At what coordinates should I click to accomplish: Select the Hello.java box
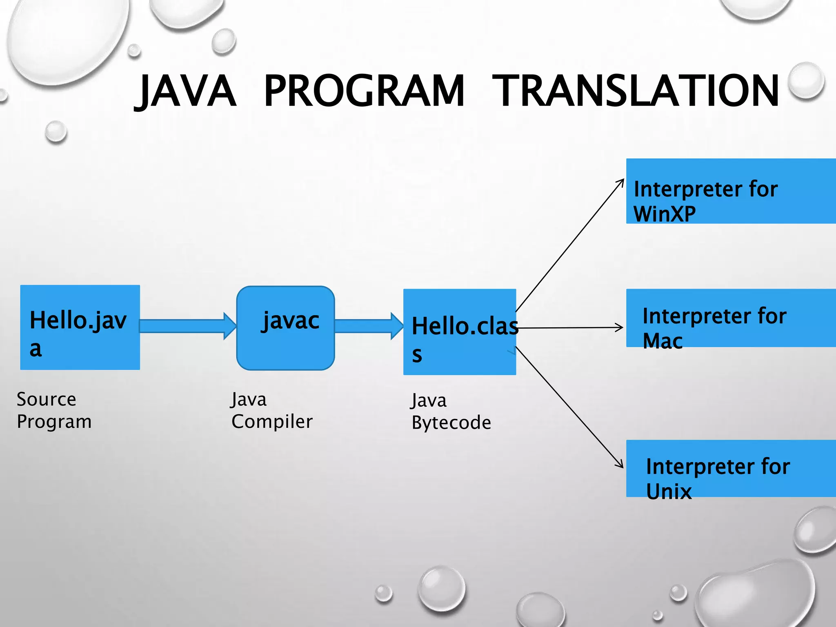coord(80,327)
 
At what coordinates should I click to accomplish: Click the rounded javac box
coord(285,328)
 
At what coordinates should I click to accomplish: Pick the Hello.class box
coord(459,332)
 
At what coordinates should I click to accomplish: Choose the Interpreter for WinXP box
coord(731,191)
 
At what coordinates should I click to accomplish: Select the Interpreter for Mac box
coord(731,318)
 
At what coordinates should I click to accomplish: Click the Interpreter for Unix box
coord(731,468)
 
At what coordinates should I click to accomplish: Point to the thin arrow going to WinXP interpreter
coord(570,245)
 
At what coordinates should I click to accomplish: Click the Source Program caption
coord(54,410)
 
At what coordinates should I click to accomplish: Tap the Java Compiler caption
coord(271,410)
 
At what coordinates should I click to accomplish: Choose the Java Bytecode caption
coord(451,411)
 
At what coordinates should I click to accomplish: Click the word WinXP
coord(665,214)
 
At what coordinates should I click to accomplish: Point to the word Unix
coord(669,491)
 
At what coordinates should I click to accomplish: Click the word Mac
coord(662,341)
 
